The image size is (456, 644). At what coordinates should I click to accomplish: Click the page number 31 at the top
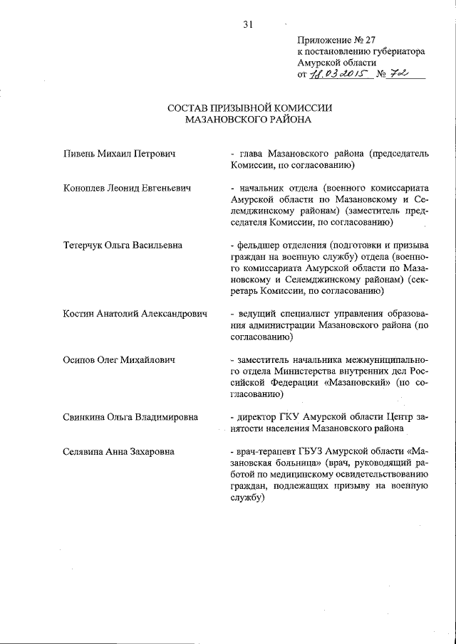[x=248, y=24]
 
